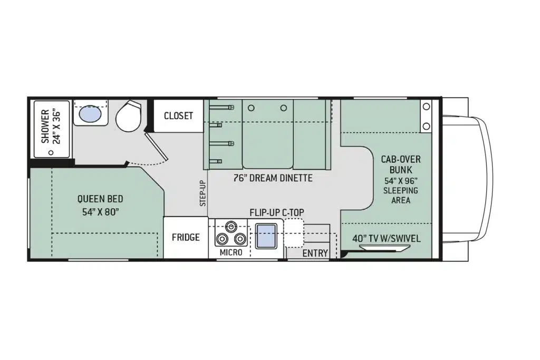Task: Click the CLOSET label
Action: [178, 115]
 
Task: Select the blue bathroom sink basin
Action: [91, 113]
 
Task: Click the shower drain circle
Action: [51, 152]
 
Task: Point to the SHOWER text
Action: [45, 127]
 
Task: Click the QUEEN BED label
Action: [100, 199]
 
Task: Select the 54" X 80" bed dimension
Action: [101, 212]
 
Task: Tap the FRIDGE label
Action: [186, 237]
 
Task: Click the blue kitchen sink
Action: [266, 236]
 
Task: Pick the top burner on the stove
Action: [230, 227]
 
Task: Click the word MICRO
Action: [231, 252]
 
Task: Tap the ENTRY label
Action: [315, 254]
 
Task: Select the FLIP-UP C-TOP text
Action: [277, 213]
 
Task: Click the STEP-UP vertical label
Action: [203, 193]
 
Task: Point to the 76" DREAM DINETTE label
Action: [273, 178]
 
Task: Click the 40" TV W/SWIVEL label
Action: [387, 239]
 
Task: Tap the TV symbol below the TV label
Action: [384, 248]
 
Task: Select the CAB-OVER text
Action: [401, 160]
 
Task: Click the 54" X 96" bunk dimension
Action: [401, 181]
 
